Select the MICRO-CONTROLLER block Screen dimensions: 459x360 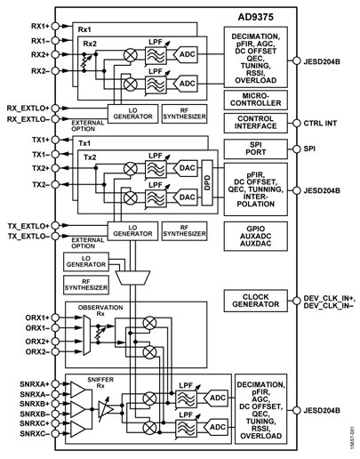(255, 100)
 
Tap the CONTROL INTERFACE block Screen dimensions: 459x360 (255, 124)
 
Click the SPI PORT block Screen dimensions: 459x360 (255, 149)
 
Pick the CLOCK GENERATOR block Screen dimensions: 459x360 (255, 300)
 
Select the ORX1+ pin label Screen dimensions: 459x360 (20, 316)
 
